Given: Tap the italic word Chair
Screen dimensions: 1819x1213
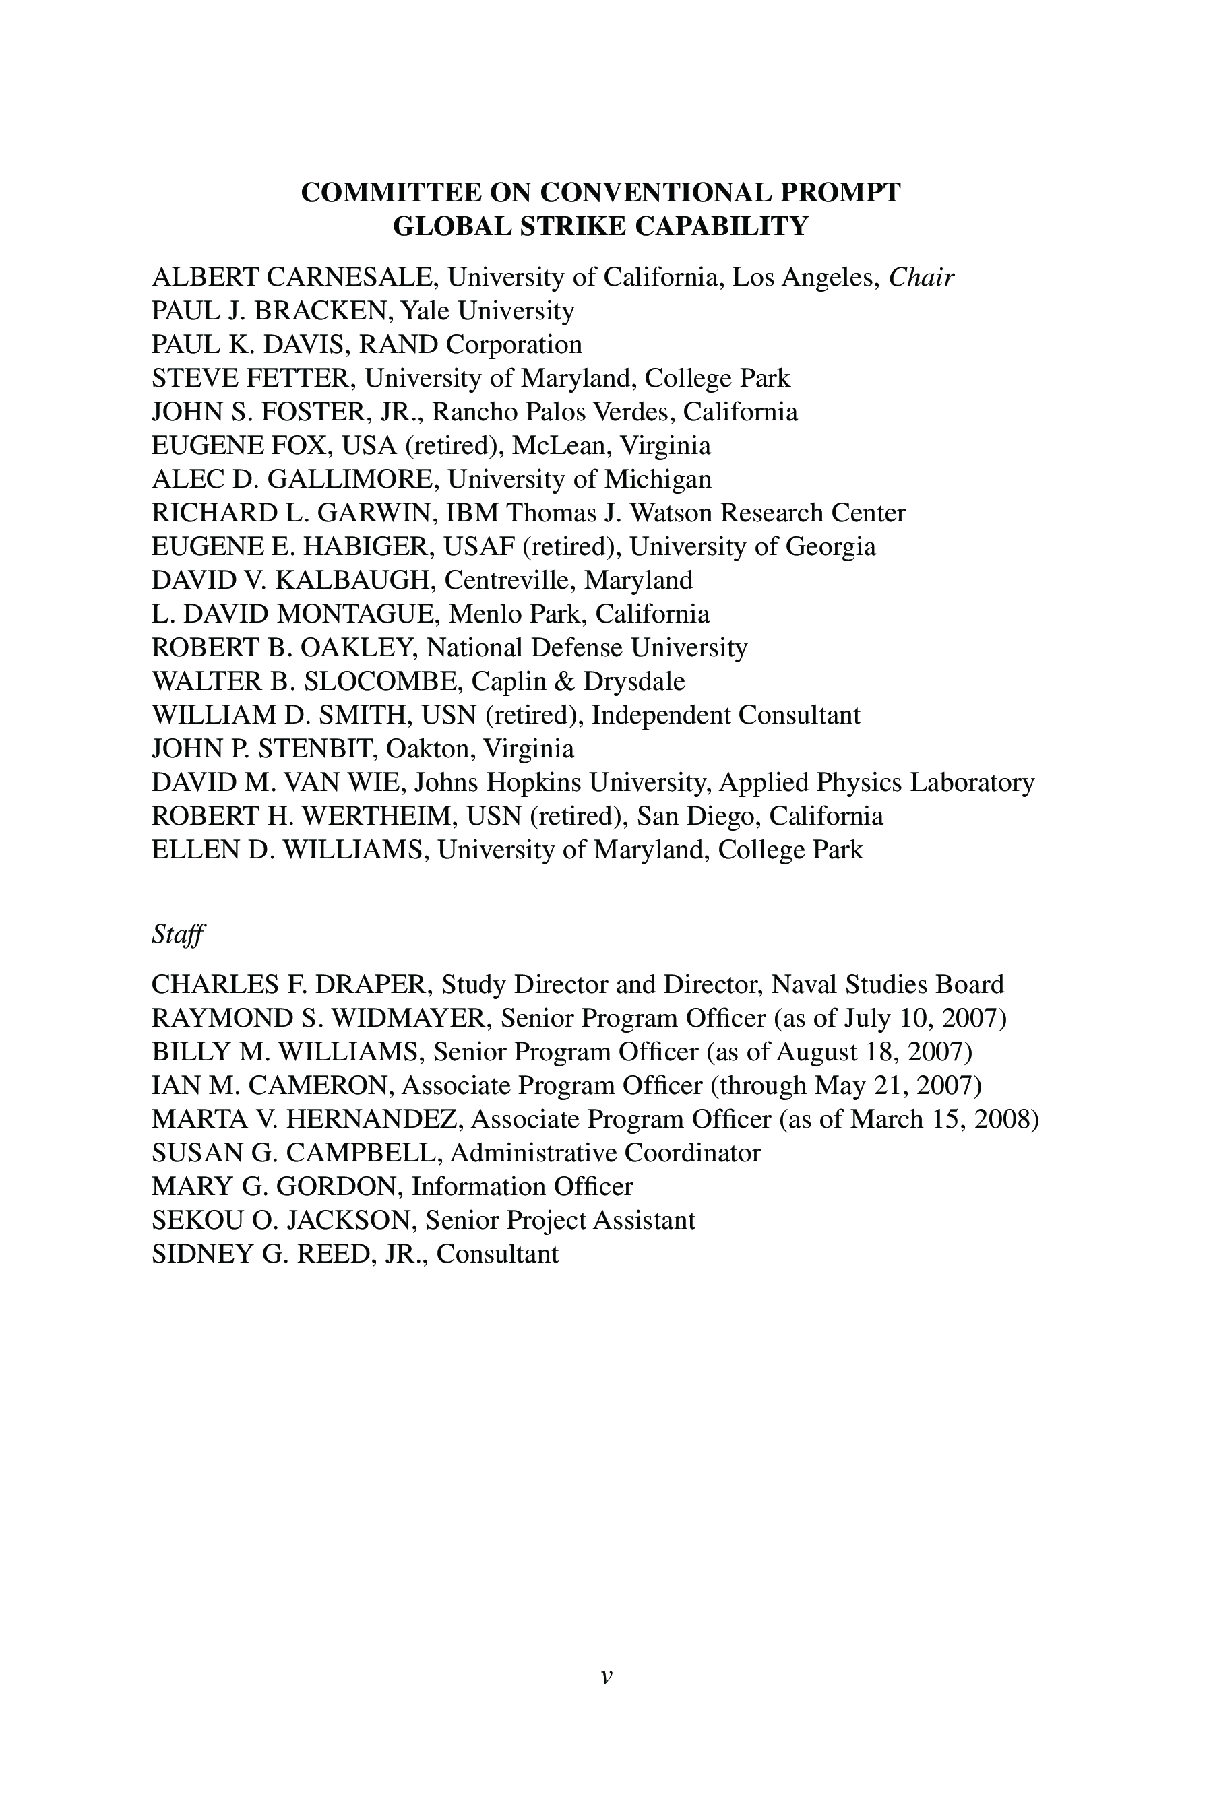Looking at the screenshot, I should point(921,277).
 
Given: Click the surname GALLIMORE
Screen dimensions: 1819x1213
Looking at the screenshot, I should point(352,480).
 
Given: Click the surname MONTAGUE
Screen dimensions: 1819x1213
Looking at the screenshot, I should point(355,614).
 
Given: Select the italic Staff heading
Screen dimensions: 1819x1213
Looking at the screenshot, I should point(177,934).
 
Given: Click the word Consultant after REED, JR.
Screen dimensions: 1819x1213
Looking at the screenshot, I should point(497,1254).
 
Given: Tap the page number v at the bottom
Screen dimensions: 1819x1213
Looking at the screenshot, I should point(606,1677).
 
